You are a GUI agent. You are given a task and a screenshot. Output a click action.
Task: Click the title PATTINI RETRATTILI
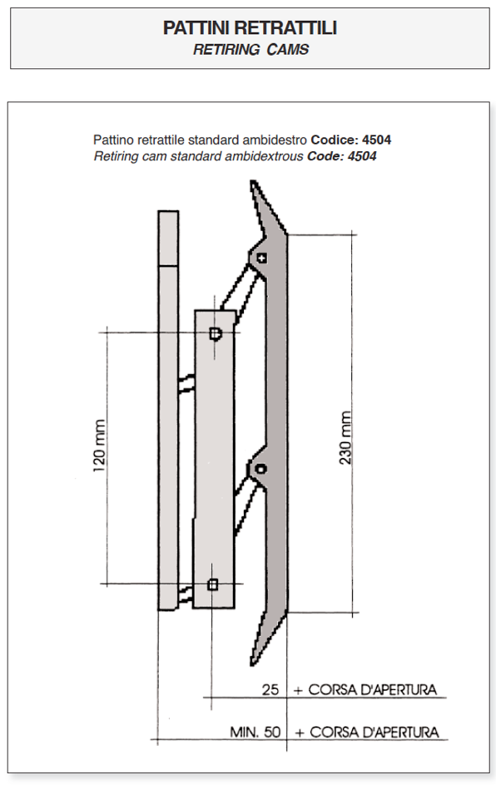pyautogui.click(x=250, y=28)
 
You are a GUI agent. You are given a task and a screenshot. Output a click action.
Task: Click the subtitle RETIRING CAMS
pyautogui.click(x=250, y=50)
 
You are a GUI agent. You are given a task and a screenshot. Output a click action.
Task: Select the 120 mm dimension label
pyautogui.click(x=100, y=446)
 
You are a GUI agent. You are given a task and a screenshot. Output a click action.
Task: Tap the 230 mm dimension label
pyautogui.click(x=345, y=438)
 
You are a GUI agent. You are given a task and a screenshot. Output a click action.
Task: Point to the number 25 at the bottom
pyautogui.click(x=270, y=690)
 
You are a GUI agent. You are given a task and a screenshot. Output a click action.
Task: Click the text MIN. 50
pyautogui.click(x=255, y=731)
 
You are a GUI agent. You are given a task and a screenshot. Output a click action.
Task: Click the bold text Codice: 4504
pyautogui.click(x=351, y=140)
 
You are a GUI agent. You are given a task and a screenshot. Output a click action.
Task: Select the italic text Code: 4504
pyautogui.click(x=342, y=156)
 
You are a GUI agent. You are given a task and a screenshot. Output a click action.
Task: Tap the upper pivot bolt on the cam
pyautogui.click(x=261, y=259)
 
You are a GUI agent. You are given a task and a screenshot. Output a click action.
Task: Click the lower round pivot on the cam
pyautogui.click(x=260, y=469)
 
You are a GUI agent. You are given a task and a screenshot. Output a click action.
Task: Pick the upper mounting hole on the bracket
pyautogui.click(x=216, y=333)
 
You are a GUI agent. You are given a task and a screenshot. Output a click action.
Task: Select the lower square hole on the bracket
pyautogui.click(x=213, y=584)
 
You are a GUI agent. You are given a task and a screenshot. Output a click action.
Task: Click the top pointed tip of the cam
pyautogui.click(x=253, y=181)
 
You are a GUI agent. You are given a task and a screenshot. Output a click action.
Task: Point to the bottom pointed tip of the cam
pyautogui.click(x=253, y=664)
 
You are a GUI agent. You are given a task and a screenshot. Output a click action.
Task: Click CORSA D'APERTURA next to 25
pyautogui.click(x=372, y=690)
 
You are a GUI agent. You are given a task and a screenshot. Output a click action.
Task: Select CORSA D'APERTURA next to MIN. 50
pyautogui.click(x=374, y=732)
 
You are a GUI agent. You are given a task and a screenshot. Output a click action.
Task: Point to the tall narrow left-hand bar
pyautogui.click(x=168, y=410)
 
